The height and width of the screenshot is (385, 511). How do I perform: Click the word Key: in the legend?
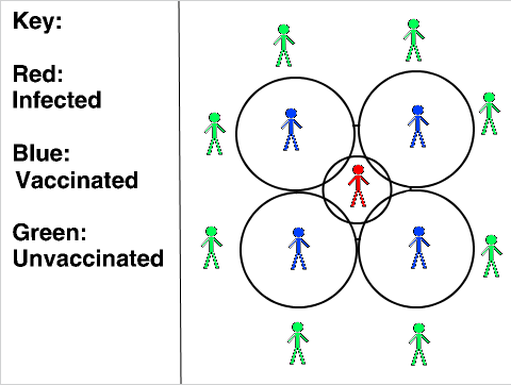coord(37,22)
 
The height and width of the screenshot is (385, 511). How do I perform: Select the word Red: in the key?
coord(38,74)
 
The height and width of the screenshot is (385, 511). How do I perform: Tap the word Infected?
coord(57,99)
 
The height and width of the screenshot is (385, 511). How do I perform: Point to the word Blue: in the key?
coord(41,153)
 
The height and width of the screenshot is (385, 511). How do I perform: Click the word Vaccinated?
coord(77,180)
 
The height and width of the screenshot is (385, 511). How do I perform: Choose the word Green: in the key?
coord(49,232)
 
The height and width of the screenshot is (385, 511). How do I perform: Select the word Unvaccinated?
coord(88,258)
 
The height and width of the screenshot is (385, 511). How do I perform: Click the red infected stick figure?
coord(358,186)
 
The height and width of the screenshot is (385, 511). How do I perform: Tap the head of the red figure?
coord(358,170)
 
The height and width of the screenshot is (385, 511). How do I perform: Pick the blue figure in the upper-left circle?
coord(291,129)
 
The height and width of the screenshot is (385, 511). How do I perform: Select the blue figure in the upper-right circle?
coord(418,126)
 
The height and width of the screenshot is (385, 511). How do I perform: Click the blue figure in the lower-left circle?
coord(299,249)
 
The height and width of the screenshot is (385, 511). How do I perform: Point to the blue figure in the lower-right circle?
coord(419,247)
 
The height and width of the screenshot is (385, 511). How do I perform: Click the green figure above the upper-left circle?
coord(284,45)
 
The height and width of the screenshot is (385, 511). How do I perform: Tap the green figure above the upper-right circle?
coord(414,40)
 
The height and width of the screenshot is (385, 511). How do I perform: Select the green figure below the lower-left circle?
coord(298,343)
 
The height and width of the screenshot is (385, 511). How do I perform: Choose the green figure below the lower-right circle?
coord(419,344)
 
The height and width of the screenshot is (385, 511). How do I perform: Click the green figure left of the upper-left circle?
coord(215,134)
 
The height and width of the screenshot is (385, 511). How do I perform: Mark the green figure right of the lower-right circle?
coord(492,256)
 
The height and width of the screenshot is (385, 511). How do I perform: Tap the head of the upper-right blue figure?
coord(418,110)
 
